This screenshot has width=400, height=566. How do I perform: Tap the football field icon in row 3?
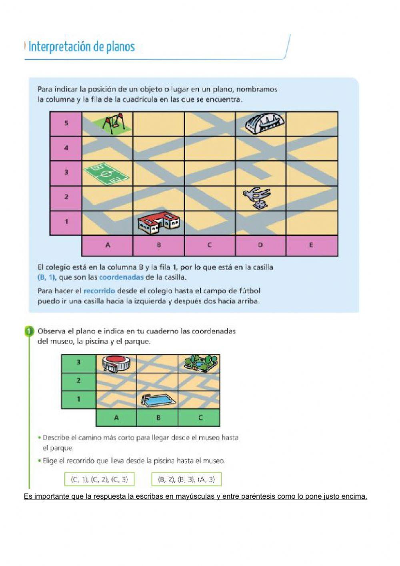click(106, 174)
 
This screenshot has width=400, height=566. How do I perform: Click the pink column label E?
click(311, 245)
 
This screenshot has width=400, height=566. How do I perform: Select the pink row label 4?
click(66, 148)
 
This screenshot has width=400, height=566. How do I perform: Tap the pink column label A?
click(108, 245)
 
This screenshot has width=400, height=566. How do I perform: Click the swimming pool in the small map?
click(158, 400)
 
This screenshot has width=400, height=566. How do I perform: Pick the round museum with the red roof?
click(116, 363)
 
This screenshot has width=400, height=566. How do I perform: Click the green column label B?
click(158, 417)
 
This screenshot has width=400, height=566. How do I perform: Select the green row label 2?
click(78, 381)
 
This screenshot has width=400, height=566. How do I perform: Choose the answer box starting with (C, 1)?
click(99, 479)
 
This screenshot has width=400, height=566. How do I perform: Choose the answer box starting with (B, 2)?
click(186, 479)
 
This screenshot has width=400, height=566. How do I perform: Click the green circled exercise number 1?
click(29, 331)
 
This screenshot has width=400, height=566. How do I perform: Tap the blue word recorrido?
click(99, 291)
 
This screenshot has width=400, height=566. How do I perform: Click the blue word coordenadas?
click(121, 277)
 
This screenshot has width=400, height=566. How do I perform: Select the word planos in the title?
click(120, 47)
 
